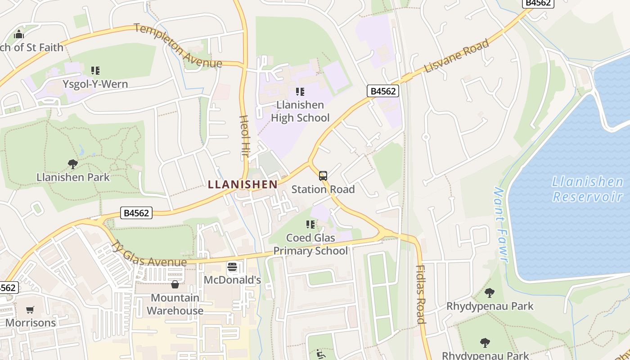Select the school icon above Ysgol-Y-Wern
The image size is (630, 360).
[x=95, y=70]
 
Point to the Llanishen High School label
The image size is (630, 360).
[x=300, y=111]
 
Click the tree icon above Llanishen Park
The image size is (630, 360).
[x=73, y=164]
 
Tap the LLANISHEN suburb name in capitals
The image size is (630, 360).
[x=243, y=184]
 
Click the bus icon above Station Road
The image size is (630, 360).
[x=323, y=176]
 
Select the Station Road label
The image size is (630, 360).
[x=323, y=189]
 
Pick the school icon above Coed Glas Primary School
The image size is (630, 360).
[x=310, y=224]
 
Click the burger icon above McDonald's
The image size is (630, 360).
[x=232, y=267]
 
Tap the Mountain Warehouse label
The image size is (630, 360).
[x=175, y=304]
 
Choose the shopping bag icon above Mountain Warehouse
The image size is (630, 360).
[x=175, y=284]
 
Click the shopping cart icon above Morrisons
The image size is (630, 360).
[x=30, y=310]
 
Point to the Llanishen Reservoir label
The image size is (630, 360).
[x=587, y=189]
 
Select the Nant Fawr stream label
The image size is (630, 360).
[x=501, y=225]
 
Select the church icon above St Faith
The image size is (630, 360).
[x=19, y=34]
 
